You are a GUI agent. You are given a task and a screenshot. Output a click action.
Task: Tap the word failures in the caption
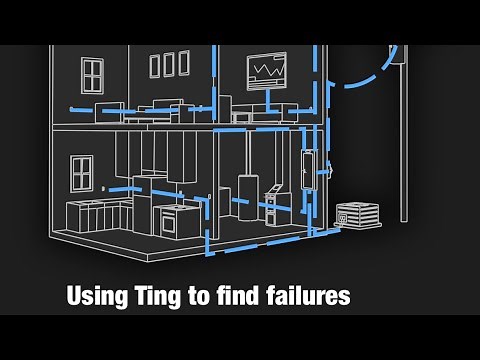pos(300,297)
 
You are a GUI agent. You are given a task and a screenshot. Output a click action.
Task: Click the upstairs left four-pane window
pos(93,72)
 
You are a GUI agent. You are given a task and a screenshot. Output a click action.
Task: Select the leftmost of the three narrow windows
pos(154,65)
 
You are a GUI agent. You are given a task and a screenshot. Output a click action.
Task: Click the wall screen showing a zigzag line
pos(268,72)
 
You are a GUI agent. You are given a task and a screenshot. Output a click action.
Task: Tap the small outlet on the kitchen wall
pos(103,187)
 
